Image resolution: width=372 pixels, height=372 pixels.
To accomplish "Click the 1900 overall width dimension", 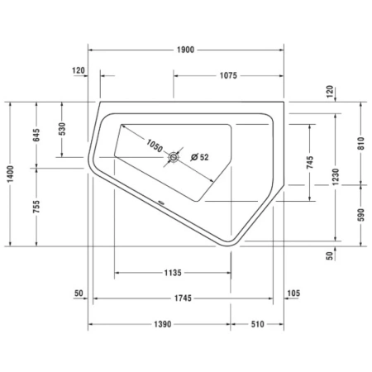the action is click(x=185, y=50).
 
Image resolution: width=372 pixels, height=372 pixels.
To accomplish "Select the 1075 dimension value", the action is click(x=228, y=75).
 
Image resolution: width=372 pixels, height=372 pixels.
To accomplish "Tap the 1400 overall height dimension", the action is click(x=10, y=174).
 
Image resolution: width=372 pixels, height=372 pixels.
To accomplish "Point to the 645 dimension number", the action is click(x=36, y=135).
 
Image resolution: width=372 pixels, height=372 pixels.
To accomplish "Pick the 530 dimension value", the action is click(x=62, y=129).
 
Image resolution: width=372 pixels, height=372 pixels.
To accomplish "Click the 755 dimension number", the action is click(x=36, y=207).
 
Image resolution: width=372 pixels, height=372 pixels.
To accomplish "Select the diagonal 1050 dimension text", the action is click(x=155, y=145).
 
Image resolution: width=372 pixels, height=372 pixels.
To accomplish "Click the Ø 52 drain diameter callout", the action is click(x=200, y=157).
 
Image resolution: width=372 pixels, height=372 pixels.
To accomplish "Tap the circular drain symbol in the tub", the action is click(x=174, y=157).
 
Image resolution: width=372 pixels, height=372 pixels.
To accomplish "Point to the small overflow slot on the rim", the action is click(x=161, y=203).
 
